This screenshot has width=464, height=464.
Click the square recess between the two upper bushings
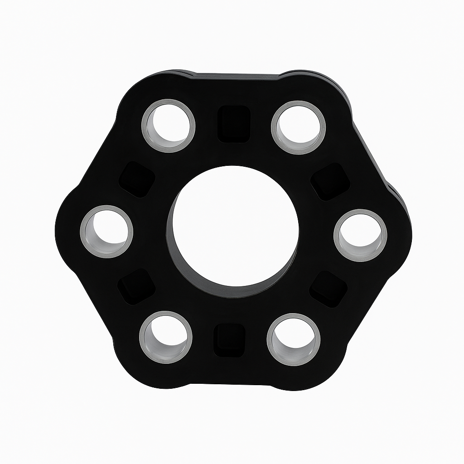(234, 124)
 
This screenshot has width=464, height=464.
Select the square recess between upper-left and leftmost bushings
(136, 179)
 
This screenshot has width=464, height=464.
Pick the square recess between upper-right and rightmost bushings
(330, 182)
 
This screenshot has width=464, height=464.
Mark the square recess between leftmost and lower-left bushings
(136, 286)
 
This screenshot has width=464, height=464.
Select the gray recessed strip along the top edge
(236, 76)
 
